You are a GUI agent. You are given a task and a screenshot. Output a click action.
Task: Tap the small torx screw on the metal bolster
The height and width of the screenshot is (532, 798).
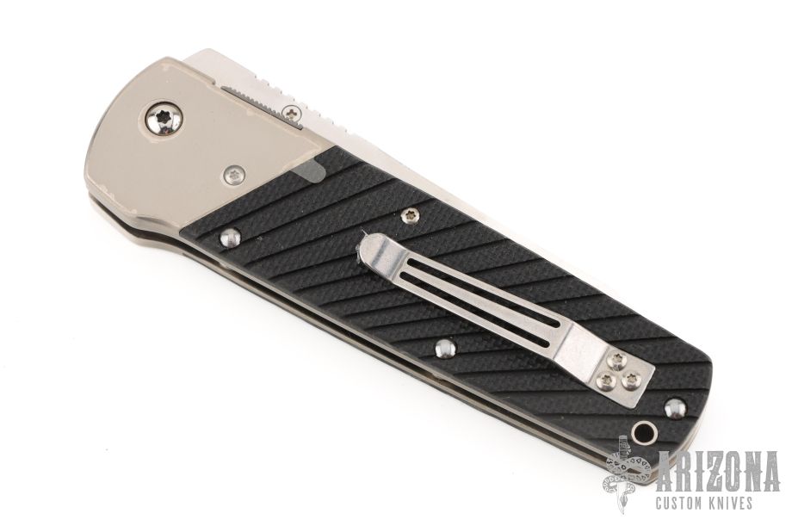coord(233,176)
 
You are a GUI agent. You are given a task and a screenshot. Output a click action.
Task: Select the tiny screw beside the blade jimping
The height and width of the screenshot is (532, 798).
coord(292,113)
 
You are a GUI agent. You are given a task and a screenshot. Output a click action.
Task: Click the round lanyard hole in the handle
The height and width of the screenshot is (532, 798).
coord(644,434)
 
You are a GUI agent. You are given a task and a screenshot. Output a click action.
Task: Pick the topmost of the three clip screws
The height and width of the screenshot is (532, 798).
coord(618,360)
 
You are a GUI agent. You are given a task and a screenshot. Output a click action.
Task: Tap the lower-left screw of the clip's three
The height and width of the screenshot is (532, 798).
coord(606,380)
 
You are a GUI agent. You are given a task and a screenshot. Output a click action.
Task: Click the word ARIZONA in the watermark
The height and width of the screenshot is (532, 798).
coord(718,471)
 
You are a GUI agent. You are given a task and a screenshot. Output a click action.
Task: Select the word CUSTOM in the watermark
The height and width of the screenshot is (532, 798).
coord(684,503)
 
